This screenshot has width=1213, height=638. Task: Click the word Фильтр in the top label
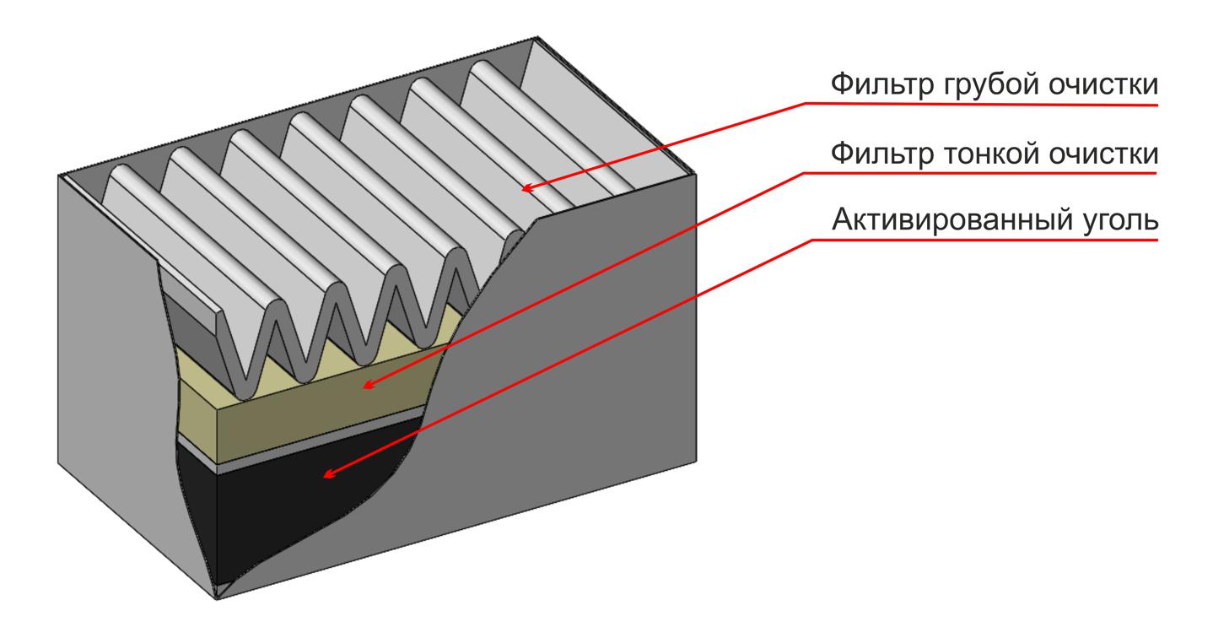pyautogui.click(x=882, y=85)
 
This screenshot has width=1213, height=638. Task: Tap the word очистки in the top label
pyautogui.click(x=1103, y=85)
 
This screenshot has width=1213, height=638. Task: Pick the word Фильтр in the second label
pyautogui.click(x=882, y=154)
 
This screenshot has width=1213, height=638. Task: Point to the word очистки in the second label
pyautogui.click(x=1103, y=154)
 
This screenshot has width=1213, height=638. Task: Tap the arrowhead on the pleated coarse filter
pyautogui.click(x=526, y=188)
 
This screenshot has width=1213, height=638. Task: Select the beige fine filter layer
pyautogui.click(x=314, y=412)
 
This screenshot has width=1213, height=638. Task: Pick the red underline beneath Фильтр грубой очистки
pyautogui.click(x=981, y=104)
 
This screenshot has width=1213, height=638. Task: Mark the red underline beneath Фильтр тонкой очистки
pyautogui.click(x=979, y=173)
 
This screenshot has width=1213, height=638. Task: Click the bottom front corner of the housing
pyautogui.click(x=217, y=599)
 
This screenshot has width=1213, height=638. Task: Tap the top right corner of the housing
pyautogui.click(x=696, y=175)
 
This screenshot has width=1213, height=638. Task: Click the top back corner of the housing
pyautogui.click(x=537, y=37)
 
